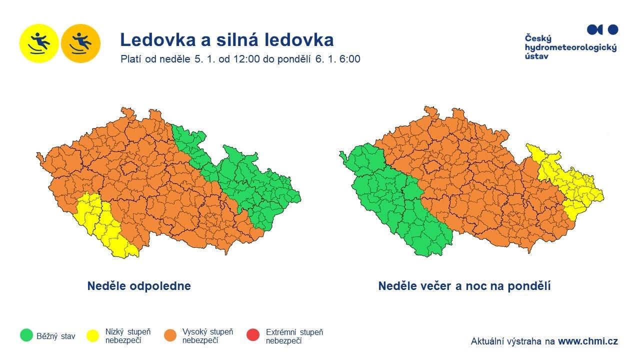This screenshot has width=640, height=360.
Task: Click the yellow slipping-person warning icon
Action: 39,43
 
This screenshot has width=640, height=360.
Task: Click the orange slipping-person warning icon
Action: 80,43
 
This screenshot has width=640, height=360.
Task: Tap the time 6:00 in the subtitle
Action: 349,59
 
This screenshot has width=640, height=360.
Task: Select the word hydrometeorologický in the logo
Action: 570,47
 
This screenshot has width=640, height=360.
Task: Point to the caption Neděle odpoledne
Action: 139,286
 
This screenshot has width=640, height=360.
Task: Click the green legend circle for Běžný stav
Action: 26,335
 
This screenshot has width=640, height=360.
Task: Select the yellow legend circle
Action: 93,335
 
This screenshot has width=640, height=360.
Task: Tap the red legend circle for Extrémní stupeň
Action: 253,335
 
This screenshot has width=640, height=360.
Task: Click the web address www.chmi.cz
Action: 587,341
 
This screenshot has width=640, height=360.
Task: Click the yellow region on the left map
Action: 100,222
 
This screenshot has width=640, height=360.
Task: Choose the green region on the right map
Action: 390,200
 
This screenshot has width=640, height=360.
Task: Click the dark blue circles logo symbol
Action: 602,30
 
